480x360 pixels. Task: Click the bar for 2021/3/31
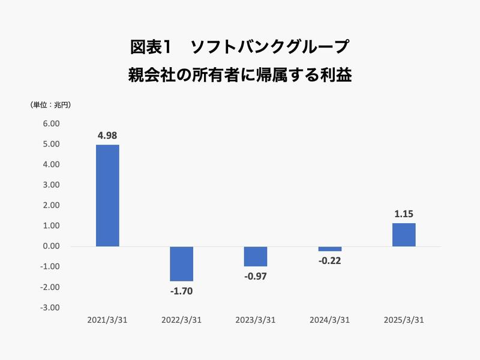107,196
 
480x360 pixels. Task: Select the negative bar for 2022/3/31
182,263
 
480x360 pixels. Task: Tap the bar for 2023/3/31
256,256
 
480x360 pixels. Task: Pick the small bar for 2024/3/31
329,249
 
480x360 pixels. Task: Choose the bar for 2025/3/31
404,235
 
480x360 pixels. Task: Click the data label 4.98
107,135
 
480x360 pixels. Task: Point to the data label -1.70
182,292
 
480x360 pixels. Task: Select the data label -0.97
256,277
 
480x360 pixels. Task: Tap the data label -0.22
329,262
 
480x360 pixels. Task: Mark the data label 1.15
404,213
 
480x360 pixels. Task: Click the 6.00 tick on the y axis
51,124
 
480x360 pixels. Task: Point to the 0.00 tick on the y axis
51,246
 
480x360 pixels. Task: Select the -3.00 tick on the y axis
50,307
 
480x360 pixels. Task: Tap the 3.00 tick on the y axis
51,185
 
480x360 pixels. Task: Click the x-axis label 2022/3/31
182,320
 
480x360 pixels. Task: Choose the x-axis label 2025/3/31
404,320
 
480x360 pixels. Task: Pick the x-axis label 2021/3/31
107,320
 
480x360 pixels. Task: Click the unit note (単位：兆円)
50,105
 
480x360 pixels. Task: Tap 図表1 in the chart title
151,46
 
